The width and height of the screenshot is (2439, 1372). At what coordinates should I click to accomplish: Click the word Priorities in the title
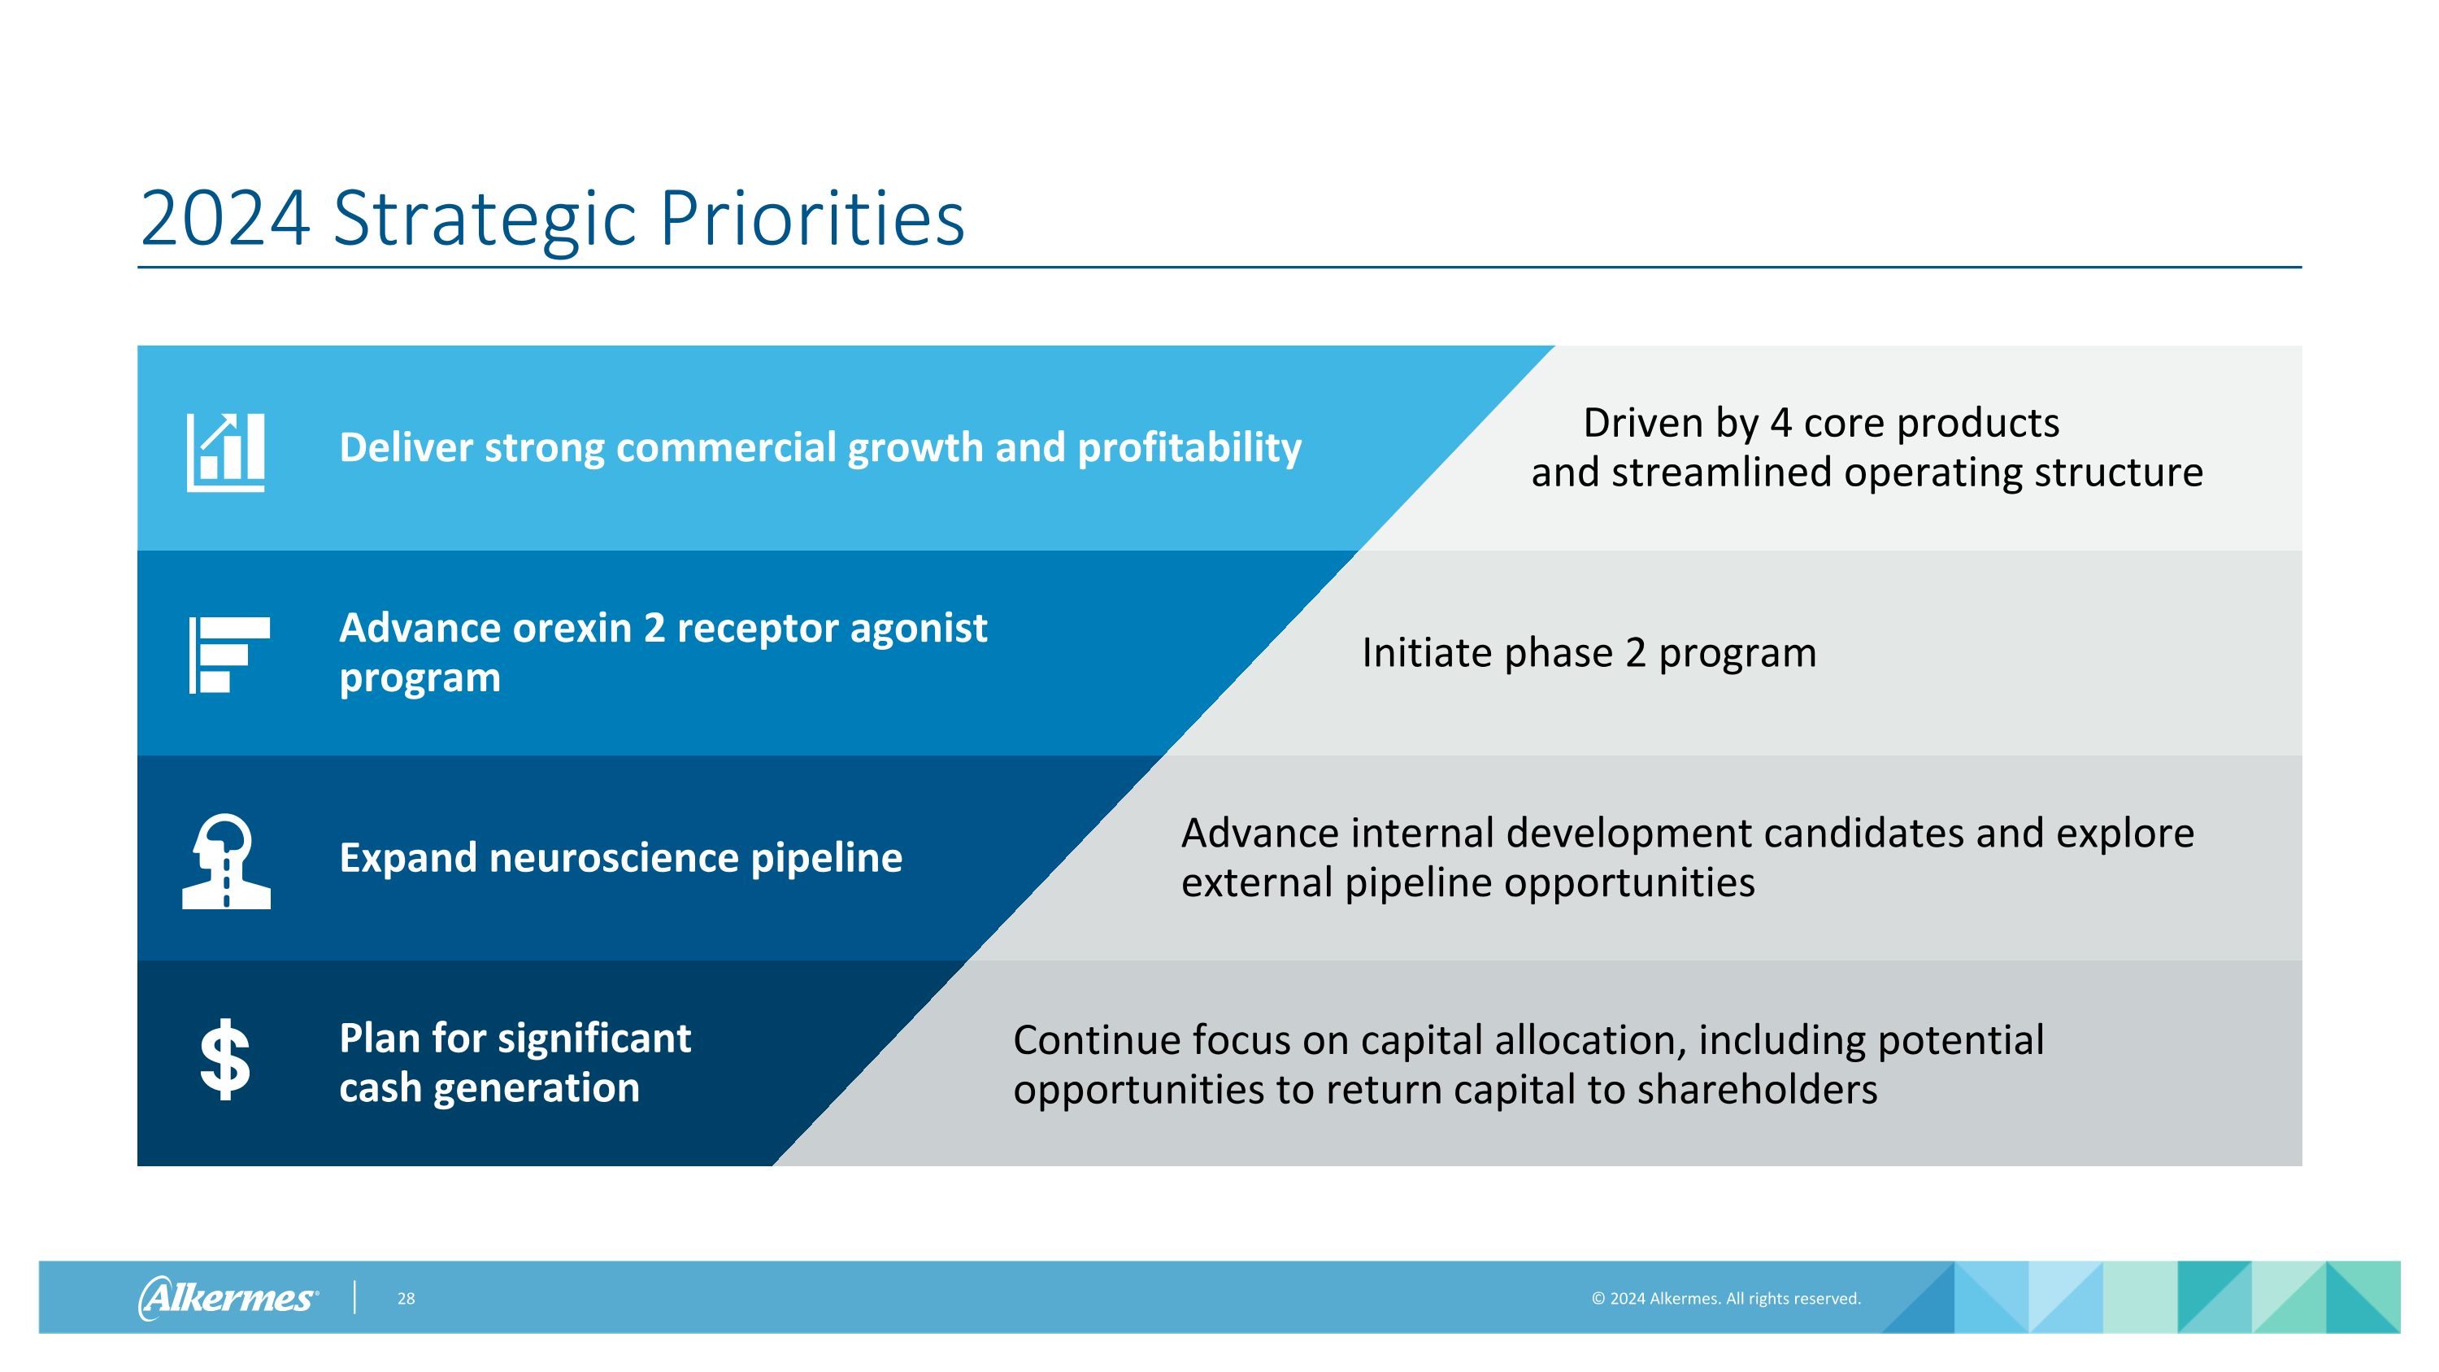[811, 220]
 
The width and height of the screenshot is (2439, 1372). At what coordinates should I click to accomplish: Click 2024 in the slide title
[224, 220]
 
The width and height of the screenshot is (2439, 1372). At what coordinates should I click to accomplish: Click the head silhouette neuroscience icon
[226, 860]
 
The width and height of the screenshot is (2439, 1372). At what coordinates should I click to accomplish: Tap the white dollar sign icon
[225, 1061]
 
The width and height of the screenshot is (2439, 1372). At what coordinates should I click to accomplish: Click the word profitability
[1189, 448]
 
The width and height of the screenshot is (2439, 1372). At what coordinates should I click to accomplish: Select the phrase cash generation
[489, 1088]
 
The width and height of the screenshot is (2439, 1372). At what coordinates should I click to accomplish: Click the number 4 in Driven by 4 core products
[1780, 423]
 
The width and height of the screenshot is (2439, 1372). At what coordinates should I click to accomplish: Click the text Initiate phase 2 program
[1589, 653]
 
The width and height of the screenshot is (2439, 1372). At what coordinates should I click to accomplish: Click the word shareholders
[1757, 1090]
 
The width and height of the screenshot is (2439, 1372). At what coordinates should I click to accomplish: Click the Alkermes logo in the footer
[228, 1297]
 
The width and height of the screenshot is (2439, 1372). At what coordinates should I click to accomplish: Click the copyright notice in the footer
[1725, 1298]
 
